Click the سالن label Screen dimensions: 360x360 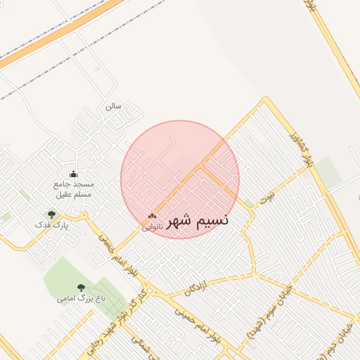pos(113,106)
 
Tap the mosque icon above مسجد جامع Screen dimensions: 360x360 pos(74,174)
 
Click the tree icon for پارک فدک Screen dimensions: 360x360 pos(51,214)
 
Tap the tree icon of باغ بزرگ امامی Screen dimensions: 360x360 pos(80,288)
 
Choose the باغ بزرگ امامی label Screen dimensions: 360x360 pos(81,299)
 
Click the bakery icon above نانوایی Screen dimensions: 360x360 pos(152,217)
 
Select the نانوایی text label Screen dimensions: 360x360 pos(153,226)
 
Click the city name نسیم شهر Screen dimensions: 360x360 pos(197,220)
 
